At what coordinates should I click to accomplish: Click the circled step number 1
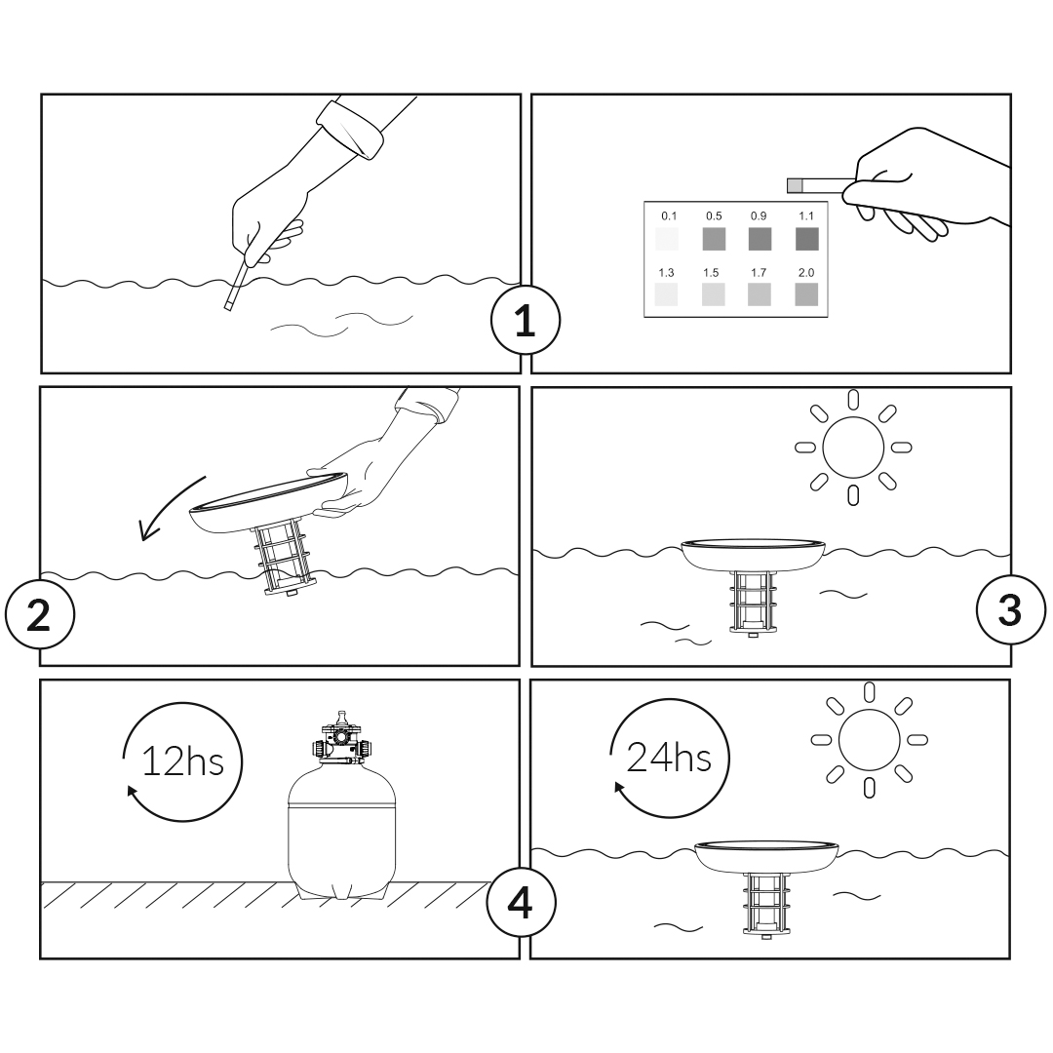pos(525,320)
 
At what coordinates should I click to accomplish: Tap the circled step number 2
pos(39,614)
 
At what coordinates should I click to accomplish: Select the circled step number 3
pos(1010,610)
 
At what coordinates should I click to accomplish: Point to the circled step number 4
pos(521,903)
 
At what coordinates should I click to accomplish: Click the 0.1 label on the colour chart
pos(669,216)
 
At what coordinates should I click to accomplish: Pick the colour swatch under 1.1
pos(806,239)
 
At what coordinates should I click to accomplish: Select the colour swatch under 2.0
pos(806,294)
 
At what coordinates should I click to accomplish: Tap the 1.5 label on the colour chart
pos(711,273)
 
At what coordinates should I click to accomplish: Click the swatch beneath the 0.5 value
pos(714,239)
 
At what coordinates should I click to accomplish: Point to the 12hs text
pos(182,762)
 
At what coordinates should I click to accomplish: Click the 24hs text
pos(669,758)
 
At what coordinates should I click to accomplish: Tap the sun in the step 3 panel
pos(853,448)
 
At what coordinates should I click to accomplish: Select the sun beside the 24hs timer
pos(869,739)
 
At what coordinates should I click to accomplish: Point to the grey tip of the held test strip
pos(796,185)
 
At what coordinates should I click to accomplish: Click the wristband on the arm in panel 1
pos(350,129)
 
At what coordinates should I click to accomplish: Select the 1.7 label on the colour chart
pos(759,273)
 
